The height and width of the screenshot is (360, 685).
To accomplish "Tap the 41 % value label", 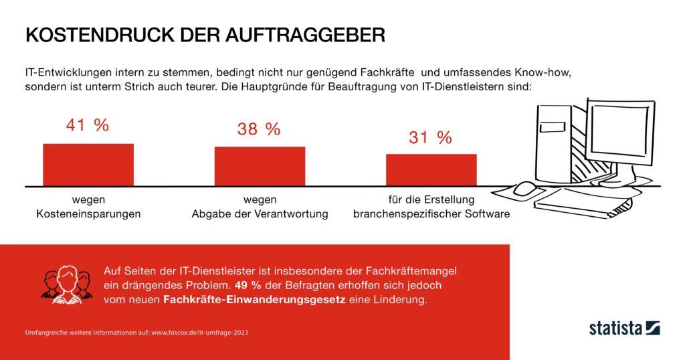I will click(88, 126).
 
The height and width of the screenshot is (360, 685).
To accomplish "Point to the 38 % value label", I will click(259, 130).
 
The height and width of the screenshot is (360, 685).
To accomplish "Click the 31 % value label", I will click(430, 138).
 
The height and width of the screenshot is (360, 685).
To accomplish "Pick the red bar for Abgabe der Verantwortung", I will click(260, 166).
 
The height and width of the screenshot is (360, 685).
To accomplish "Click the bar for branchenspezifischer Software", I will click(431, 169).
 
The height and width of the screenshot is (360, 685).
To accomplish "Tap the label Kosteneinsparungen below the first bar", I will click(88, 214).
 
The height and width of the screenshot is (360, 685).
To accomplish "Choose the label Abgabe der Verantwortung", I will click(260, 214).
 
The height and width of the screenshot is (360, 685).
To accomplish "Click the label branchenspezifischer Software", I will click(431, 214).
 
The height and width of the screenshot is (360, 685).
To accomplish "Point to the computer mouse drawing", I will click(522, 189).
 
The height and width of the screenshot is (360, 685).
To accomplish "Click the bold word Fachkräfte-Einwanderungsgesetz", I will click(253, 300).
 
